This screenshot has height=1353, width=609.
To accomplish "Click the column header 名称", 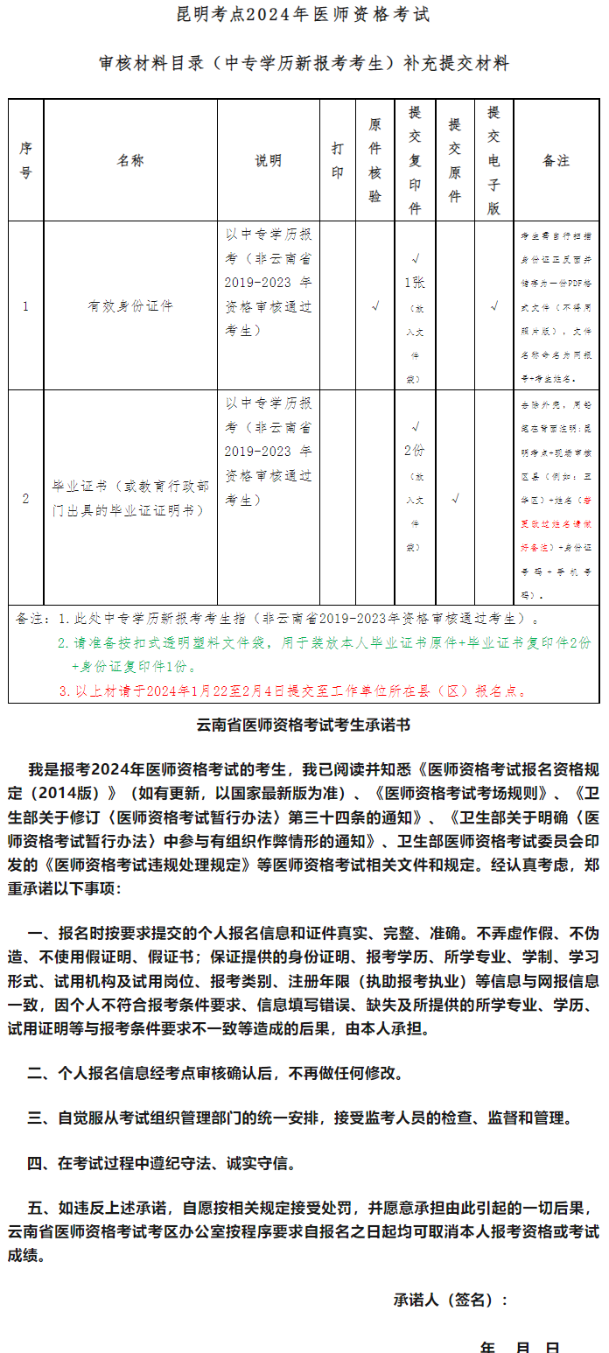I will [x=130, y=161].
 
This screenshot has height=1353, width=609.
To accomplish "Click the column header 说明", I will [x=269, y=161].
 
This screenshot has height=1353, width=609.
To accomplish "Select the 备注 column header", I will [x=556, y=161].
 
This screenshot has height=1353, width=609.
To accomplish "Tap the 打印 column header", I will [x=338, y=161].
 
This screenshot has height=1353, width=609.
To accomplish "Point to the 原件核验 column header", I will [x=375, y=161].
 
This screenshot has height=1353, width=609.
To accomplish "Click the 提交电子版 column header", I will [x=494, y=161].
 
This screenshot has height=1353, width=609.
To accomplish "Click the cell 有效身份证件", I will [x=130, y=307].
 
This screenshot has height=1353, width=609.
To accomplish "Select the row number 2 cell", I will [x=25, y=499].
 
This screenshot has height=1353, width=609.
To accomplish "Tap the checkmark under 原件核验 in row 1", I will [x=375, y=306].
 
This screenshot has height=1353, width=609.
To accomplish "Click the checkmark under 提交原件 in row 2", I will [x=455, y=499].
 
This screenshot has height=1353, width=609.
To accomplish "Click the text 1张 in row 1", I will [x=415, y=284].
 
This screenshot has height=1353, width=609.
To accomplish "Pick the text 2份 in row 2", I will [x=415, y=451].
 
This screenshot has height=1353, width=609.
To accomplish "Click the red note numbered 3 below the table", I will [x=293, y=691].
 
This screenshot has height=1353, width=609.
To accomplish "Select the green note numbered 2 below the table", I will [x=324, y=642].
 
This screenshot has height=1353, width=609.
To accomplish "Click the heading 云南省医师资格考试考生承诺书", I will [x=304, y=726].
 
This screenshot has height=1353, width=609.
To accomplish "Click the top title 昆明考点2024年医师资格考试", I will [x=304, y=16].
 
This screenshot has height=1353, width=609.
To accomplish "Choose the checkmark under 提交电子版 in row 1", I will [x=494, y=306].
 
